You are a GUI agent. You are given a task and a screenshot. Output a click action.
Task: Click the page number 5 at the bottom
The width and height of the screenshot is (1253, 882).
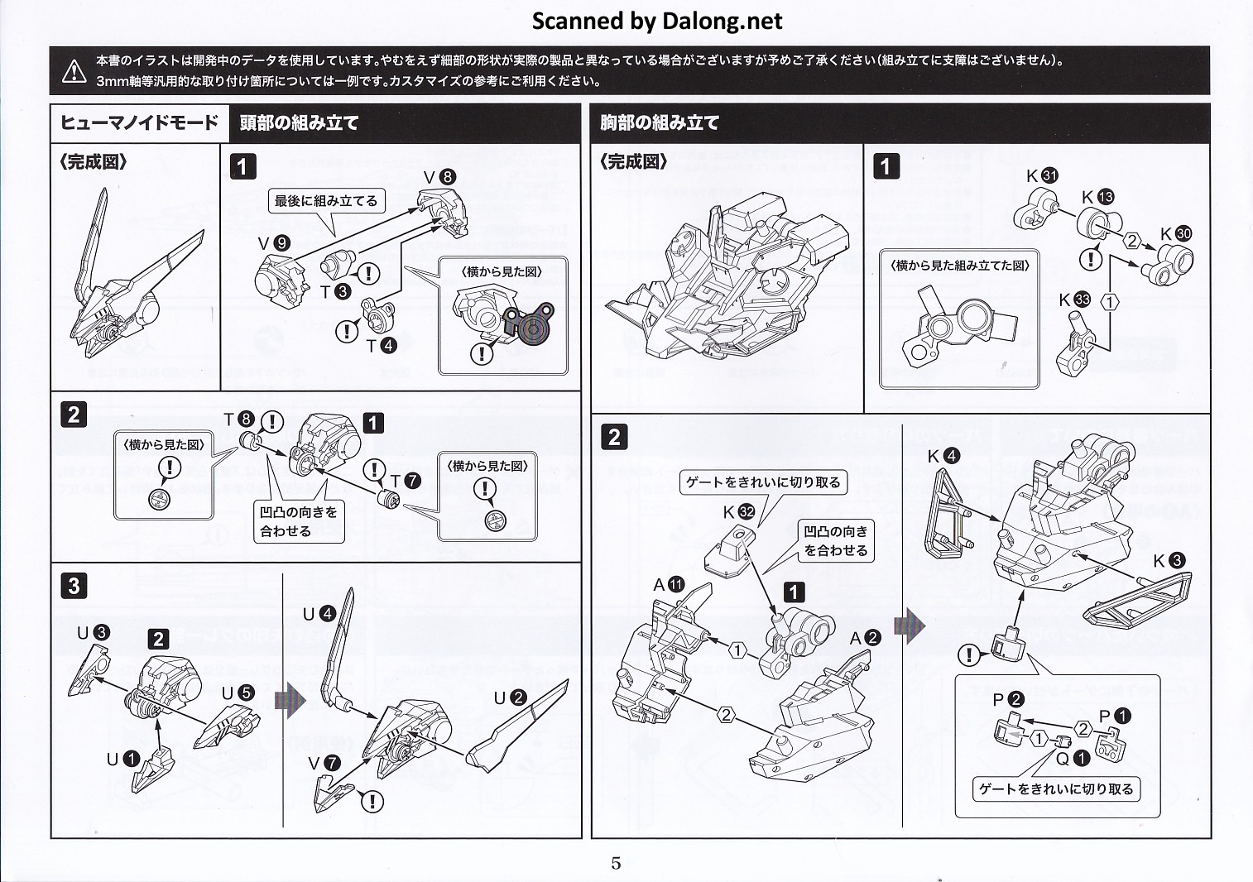pos(616,863)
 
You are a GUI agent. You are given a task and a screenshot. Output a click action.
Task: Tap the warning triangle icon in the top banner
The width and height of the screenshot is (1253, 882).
pos(74,70)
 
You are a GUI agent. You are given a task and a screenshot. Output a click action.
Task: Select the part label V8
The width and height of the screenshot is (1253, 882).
pos(439,176)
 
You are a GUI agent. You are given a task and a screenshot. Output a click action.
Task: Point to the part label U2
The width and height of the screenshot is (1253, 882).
pos(510,697)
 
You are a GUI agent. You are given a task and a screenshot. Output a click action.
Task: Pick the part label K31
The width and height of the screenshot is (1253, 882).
pos(1042,175)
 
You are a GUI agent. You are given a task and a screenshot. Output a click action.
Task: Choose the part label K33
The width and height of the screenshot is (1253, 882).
pos(1074,300)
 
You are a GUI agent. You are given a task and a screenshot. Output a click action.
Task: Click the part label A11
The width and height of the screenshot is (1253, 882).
pos(668,585)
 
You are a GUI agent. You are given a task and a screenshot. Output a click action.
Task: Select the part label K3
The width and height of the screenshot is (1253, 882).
pos(1168,561)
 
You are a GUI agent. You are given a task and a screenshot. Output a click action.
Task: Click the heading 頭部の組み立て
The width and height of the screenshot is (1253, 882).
pos(299,123)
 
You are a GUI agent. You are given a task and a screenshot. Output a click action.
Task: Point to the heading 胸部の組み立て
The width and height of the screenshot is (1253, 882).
pos(660,123)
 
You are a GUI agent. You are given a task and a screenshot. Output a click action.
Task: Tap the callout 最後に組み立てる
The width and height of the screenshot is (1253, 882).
pos(326,201)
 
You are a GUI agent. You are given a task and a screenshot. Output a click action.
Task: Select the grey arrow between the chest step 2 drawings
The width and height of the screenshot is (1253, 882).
pos(909,626)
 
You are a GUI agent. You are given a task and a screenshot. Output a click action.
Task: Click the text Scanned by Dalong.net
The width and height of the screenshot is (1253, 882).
pos(656,21)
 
